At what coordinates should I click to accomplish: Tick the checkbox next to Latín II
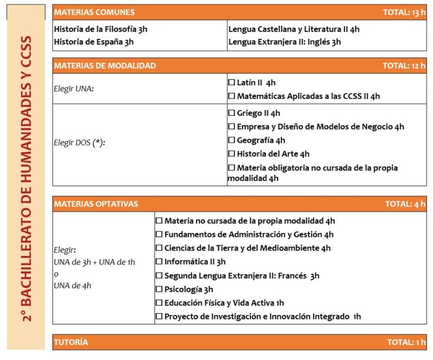[231, 83]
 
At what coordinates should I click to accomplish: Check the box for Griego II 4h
[231, 113]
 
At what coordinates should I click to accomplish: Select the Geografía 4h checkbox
[231, 141]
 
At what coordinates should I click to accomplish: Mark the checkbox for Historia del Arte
[231, 154]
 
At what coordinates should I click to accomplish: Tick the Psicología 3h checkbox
[159, 289]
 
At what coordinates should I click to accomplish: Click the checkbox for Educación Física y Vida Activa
[159, 303]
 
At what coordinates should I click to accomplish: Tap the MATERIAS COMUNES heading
[94, 12]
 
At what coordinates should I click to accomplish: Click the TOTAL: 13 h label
[404, 12]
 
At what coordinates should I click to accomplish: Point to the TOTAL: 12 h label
[404, 66]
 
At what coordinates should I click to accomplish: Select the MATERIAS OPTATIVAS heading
[96, 204]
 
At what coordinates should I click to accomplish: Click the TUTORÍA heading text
[71, 343]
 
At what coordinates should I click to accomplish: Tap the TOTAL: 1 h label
[406, 343]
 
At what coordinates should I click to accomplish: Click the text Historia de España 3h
[94, 42]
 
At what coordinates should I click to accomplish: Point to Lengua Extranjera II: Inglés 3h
[285, 42]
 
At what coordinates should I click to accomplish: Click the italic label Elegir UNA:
[73, 89]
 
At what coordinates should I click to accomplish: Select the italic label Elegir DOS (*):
[79, 143]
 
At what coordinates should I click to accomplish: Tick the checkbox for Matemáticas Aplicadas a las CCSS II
[231, 96]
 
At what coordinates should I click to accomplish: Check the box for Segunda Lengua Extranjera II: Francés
[159, 276]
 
